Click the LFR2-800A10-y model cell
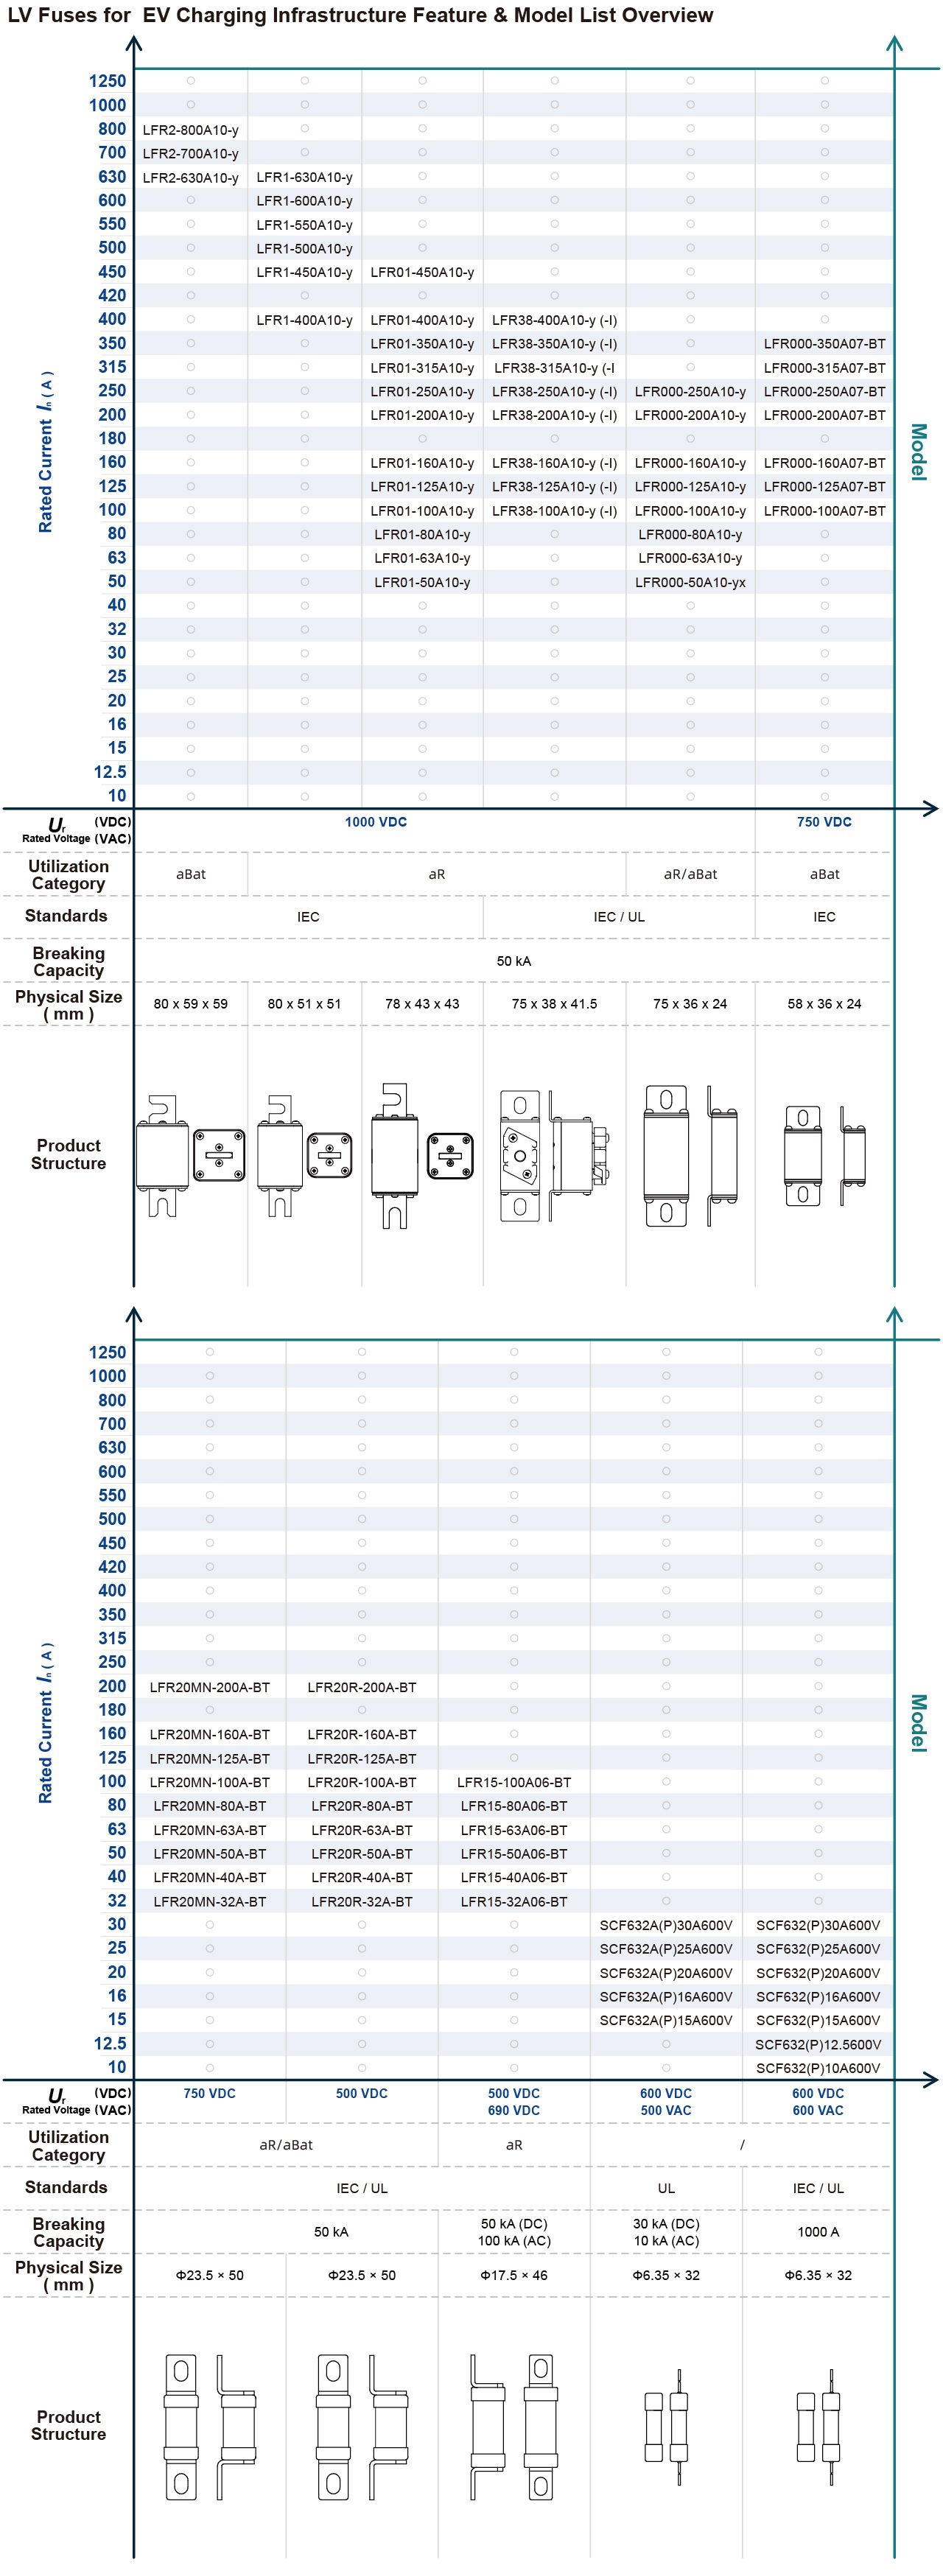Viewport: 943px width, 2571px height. click(191, 130)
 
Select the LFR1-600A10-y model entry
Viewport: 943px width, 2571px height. click(304, 200)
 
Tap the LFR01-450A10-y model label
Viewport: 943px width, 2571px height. click(422, 273)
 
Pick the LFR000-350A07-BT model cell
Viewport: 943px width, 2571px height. click(824, 343)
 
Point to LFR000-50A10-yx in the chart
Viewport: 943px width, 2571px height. click(690, 583)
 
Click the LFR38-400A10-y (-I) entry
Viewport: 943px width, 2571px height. click(554, 320)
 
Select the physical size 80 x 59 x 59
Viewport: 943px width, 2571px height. click(191, 1004)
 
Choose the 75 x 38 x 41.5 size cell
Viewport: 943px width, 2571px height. click(554, 1004)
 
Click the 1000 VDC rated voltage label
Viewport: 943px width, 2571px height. click(376, 822)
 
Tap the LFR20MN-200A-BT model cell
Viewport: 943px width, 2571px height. click(209, 1687)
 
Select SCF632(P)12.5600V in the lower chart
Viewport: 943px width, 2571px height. click(818, 2044)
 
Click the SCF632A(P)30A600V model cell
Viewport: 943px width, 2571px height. click(665, 1925)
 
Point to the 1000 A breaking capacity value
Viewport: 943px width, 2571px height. click(818, 2231)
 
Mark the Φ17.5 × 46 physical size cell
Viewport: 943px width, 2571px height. click(514, 2276)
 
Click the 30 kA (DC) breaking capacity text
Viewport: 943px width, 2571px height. click(665, 2224)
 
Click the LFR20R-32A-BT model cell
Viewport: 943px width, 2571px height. click(361, 1901)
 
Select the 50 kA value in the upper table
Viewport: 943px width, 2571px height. click(514, 961)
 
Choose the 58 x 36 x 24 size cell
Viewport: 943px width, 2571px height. click(824, 1004)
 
